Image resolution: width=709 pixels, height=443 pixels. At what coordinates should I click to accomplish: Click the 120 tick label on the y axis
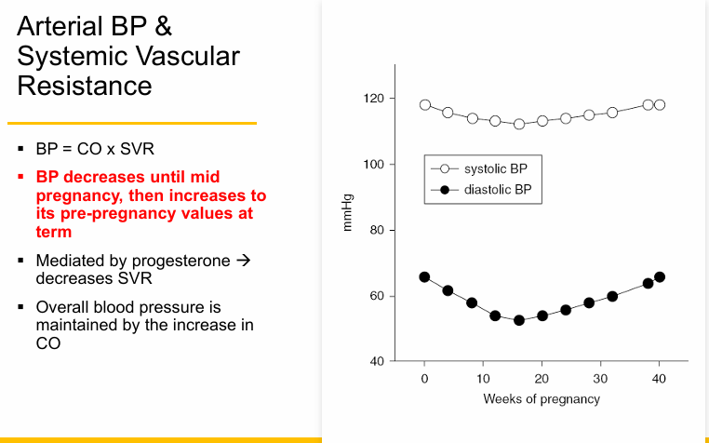pyautogui.click(x=373, y=99)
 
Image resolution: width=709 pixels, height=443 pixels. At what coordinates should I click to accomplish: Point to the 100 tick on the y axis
pyautogui.click(x=373, y=165)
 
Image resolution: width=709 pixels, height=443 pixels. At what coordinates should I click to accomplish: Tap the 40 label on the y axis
pyautogui.click(x=376, y=362)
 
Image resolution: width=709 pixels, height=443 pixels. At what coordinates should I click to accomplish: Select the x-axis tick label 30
pyautogui.click(x=600, y=379)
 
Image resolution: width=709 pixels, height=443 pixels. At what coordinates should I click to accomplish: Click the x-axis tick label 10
pyautogui.click(x=483, y=379)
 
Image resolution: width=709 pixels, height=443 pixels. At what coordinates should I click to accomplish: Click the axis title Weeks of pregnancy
pyautogui.click(x=542, y=399)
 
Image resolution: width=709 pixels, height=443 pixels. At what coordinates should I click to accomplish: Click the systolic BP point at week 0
pyautogui.click(x=425, y=105)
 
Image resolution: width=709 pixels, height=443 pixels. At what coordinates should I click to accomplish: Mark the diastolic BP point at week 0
pyautogui.click(x=425, y=277)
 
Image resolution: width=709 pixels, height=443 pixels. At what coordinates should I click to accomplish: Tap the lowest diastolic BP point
pyautogui.click(x=519, y=320)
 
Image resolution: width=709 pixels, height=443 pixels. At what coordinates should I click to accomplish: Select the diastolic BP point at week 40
pyautogui.click(x=660, y=277)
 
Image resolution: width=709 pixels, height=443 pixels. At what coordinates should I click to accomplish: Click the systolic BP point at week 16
pyautogui.click(x=519, y=124)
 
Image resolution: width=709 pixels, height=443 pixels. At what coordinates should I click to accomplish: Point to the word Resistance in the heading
pyautogui.click(x=85, y=86)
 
